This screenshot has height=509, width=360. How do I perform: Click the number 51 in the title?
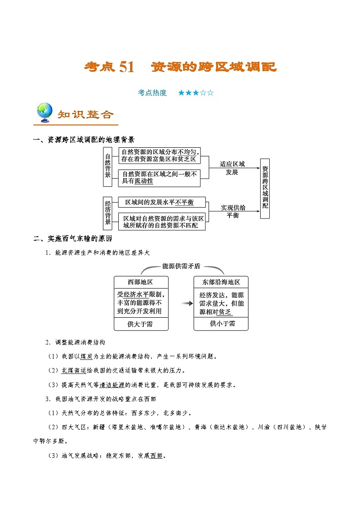tap(126, 67)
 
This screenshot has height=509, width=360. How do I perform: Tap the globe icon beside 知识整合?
tap(44, 112)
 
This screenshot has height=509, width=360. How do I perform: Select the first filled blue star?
tap(181, 93)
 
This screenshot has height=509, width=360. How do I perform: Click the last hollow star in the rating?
tap(210, 93)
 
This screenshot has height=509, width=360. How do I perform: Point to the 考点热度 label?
tap(152, 93)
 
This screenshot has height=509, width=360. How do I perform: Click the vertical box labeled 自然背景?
tap(107, 167)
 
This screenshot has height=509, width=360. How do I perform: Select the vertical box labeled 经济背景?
tap(107, 213)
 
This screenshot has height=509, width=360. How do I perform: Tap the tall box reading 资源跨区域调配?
tap(265, 189)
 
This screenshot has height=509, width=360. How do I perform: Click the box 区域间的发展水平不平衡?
tap(162, 202)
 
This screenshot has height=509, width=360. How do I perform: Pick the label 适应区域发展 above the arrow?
tap(232, 168)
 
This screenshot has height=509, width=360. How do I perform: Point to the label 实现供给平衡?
tap(233, 211)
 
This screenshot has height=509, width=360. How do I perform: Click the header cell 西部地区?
tap(141, 282)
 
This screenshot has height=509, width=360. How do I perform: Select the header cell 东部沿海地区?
tap(221, 282)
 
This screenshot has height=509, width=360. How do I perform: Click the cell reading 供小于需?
tap(221, 324)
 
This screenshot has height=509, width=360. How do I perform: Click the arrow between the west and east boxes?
tap(187, 303)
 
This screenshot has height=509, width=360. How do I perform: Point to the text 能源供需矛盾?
tap(181, 266)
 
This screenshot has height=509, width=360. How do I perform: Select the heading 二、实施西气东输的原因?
tap(73, 238)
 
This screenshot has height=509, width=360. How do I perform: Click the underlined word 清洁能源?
tap(112, 385)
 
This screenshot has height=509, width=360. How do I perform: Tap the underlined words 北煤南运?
tap(74, 370)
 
